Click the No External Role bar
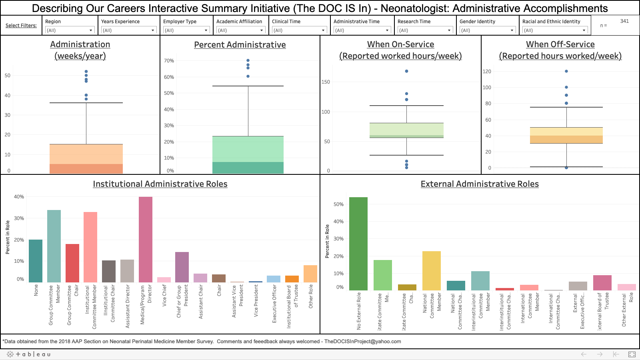(358, 244)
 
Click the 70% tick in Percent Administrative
(169, 61)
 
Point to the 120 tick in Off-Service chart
(487, 72)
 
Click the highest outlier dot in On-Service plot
(406, 71)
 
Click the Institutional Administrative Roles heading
(160, 184)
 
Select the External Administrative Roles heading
(480, 184)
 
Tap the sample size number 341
(624, 21)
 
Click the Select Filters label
(21, 26)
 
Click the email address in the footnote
(362, 342)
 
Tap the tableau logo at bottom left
(29, 354)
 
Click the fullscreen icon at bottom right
(632, 354)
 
